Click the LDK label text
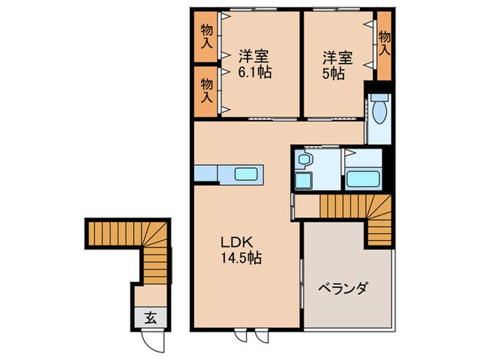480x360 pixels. (x=238, y=243)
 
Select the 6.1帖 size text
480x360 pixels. (x=254, y=71)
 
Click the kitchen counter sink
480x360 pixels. (x=246, y=173)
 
